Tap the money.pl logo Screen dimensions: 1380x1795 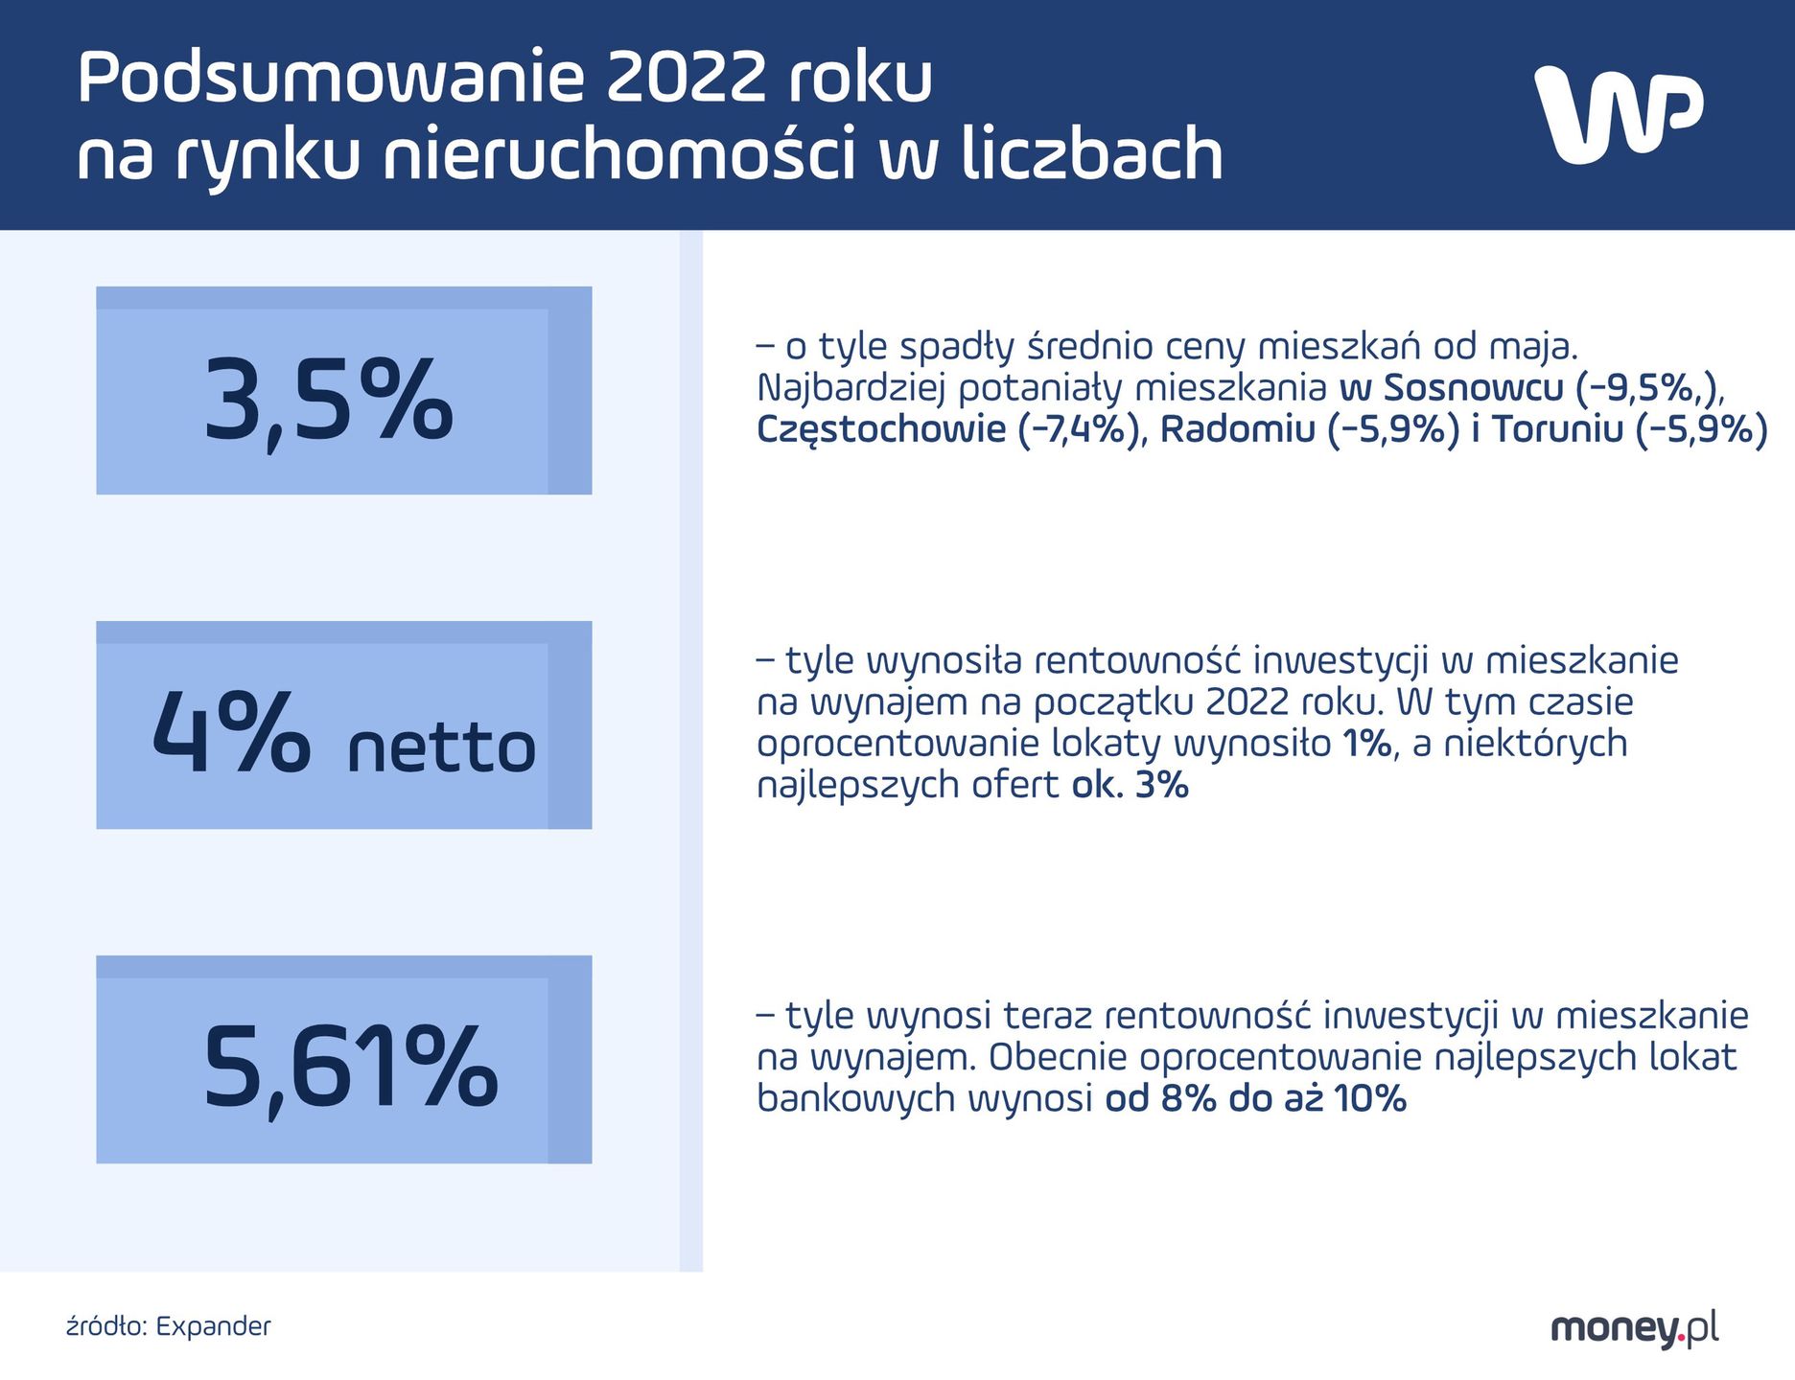1634,1328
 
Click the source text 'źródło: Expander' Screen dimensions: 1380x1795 169,1326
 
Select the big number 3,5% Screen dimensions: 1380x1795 328,401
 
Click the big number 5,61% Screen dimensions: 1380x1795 350,1068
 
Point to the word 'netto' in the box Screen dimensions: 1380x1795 441,748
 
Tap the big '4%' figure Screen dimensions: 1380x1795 230,733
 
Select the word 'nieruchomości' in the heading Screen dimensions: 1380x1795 618,155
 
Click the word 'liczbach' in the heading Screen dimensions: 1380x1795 1092,155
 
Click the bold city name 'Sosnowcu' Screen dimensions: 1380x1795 1474,388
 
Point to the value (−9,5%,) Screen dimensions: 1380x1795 1650,388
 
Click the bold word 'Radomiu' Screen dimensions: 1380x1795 1237,429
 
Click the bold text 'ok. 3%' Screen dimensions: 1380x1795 1131,785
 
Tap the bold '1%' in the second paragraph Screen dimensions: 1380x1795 1367,744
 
